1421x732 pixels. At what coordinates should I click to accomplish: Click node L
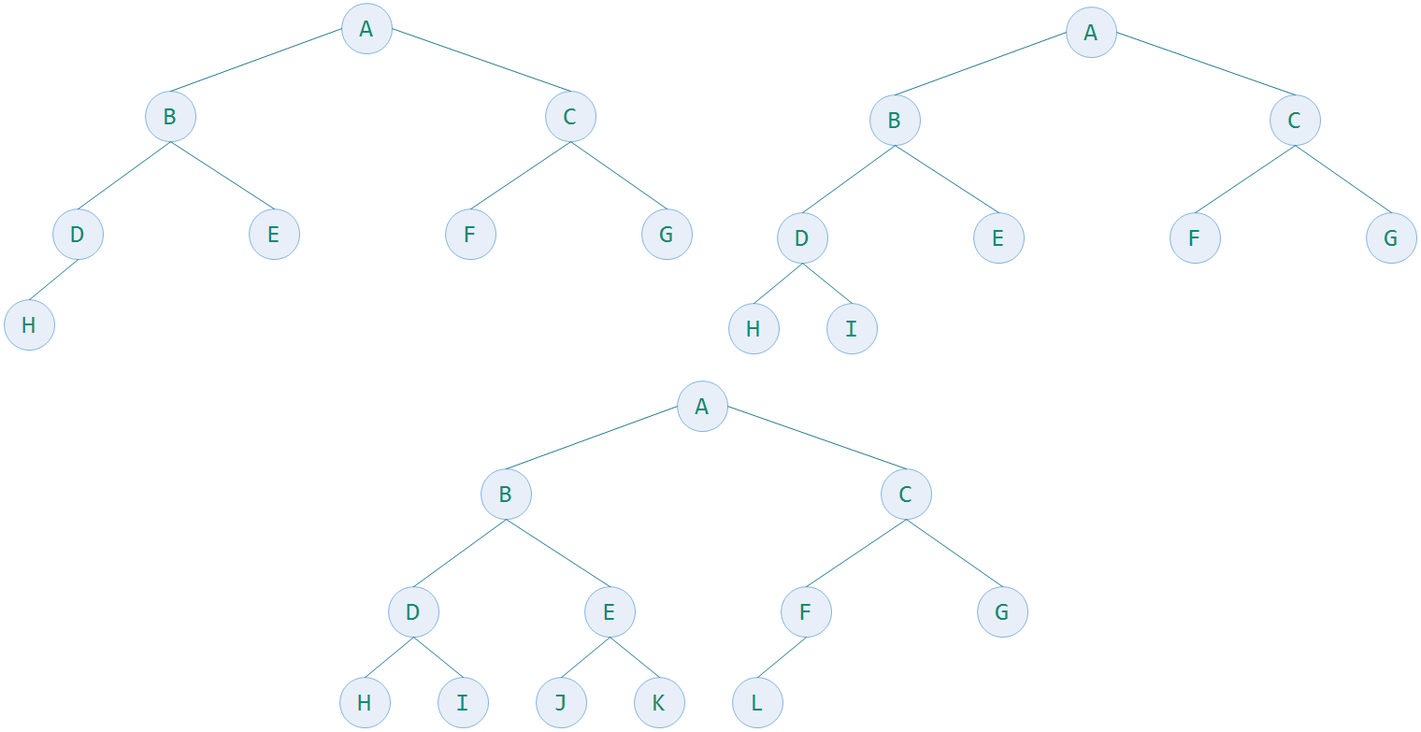(x=757, y=702)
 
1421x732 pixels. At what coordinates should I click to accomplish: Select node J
(x=561, y=702)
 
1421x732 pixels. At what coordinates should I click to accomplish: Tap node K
(x=659, y=702)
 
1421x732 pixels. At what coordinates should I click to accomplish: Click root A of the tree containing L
(x=702, y=407)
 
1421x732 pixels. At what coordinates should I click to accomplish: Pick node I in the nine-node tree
(x=852, y=328)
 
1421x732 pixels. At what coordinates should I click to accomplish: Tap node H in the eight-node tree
(x=29, y=325)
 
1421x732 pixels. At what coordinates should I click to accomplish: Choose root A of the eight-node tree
(x=366, y=29)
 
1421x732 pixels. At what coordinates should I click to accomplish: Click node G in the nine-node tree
(x=1391, y=238)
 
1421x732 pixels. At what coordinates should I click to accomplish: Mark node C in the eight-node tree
(x=570, y=117)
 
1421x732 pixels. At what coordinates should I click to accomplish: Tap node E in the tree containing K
(x=610, y=612)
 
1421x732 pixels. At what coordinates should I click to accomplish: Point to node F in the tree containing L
(x=806, y=612)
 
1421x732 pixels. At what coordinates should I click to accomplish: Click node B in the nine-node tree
(x=895, y=121)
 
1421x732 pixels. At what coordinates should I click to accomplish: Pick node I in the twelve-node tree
(x=463, y=702)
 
